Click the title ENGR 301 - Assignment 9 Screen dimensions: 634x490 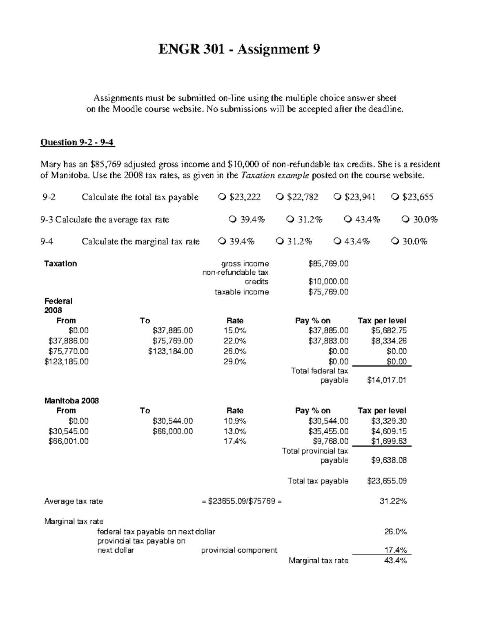point(239,49)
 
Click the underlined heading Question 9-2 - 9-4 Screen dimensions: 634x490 point(78,142)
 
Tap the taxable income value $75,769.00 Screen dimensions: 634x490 point(328,292)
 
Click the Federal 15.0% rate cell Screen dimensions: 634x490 point(235,331)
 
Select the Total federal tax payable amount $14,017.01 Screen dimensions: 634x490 point(387,380)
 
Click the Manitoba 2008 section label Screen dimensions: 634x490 point(71,400)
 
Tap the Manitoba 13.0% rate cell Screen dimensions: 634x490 point(235,431)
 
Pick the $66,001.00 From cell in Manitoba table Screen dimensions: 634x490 point(68,441)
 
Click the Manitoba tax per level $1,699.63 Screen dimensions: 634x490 point(389,441)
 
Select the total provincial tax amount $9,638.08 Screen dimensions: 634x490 point(389,460)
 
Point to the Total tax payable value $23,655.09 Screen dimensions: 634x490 point(387,481)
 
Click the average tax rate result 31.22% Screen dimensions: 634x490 point(393,501)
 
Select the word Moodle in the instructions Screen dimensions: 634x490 point(127,109)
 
